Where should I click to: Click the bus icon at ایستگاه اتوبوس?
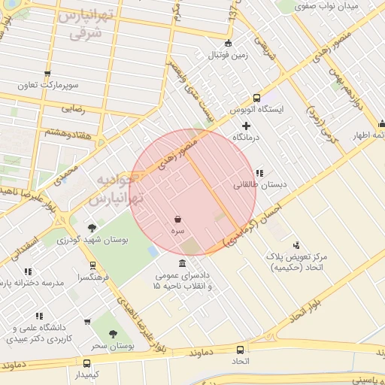click(257, 97)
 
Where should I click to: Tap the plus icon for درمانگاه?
click(245, 125)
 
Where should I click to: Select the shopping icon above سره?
click(177, 219)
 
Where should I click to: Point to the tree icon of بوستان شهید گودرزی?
click(92, 227)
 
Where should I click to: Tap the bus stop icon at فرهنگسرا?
click(92, 265)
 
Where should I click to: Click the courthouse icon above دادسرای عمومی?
click(183, 263)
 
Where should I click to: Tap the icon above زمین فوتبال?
click(229, 43)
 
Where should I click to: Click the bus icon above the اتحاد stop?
click(240, 350)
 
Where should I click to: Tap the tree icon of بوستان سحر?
click(113, 334)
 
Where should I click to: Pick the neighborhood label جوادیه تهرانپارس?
click(115, 192)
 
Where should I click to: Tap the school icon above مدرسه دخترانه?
click(29, 271)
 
